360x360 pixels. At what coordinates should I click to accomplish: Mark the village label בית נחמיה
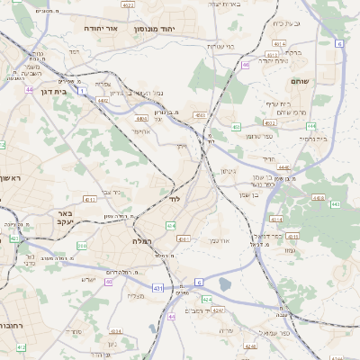click(x=314, y=139)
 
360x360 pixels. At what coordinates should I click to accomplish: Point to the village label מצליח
click(x=136, y=295)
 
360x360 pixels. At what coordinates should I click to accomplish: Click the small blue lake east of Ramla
click(x=224, y=284)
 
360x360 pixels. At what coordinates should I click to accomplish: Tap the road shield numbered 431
click(x=158, y=288)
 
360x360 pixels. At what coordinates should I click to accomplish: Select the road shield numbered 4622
click(x=128, y=4)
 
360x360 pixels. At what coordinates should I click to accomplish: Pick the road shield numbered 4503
click(x=199, y=115)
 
